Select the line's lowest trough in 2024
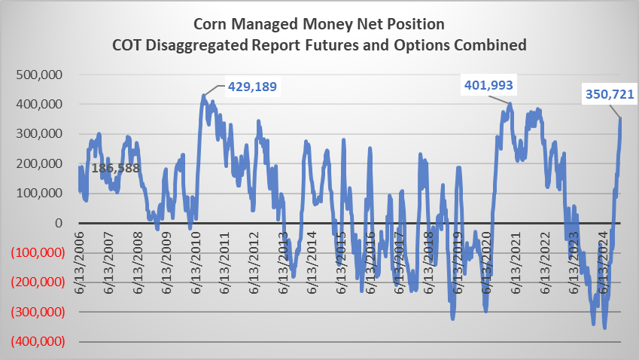pos(604,327)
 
